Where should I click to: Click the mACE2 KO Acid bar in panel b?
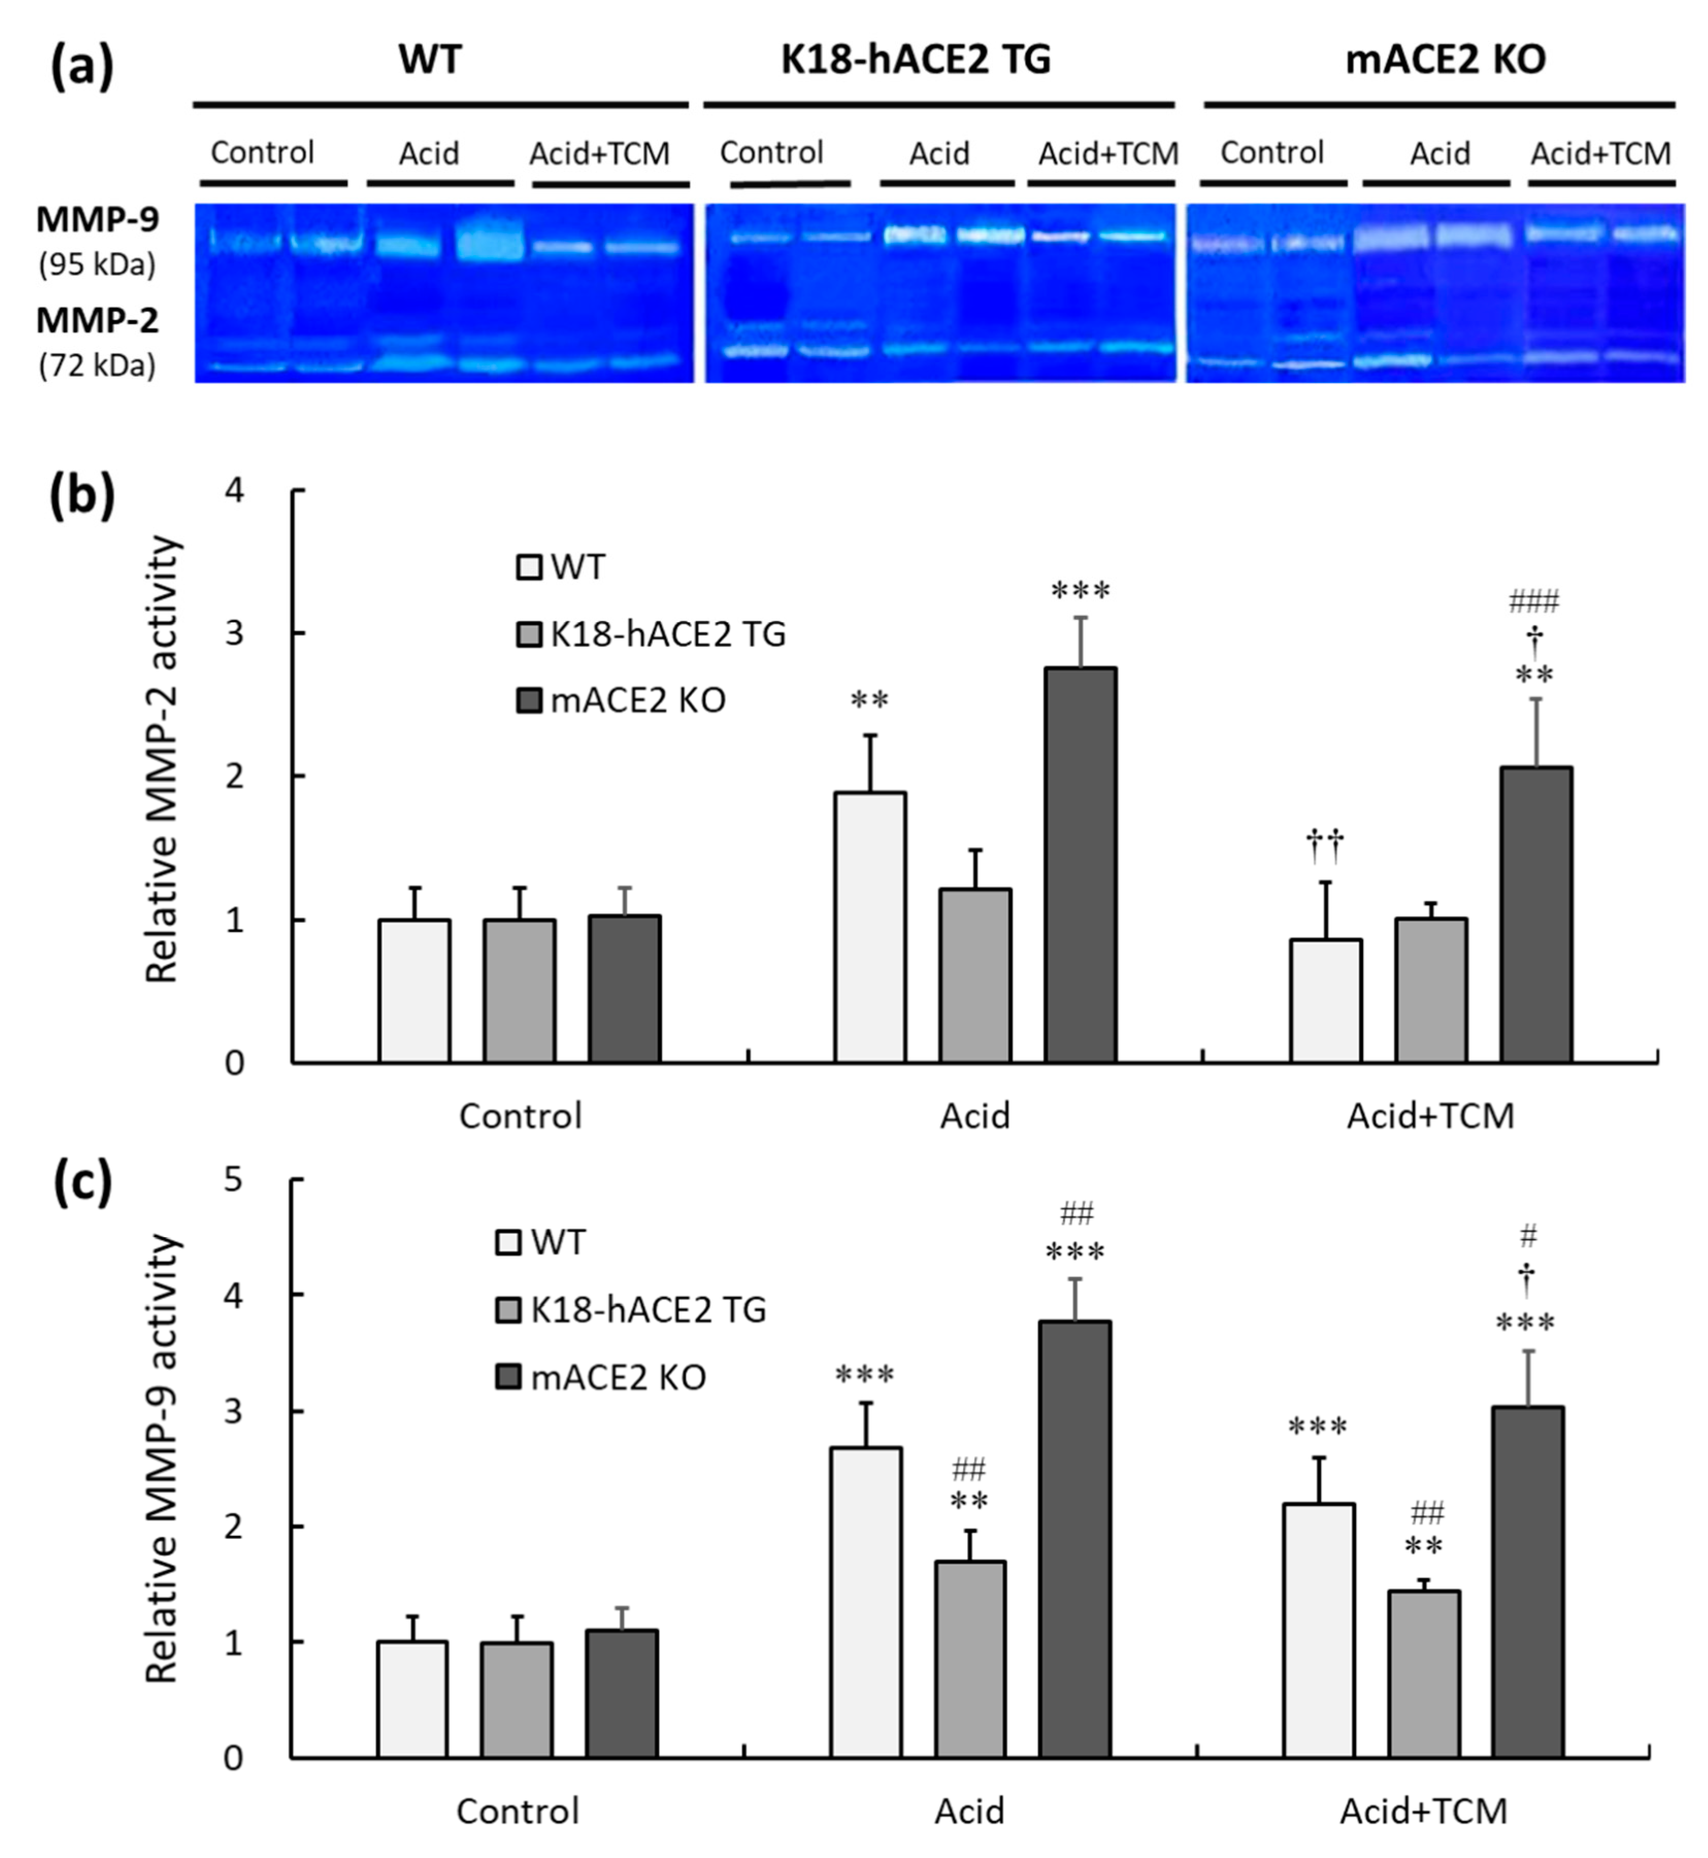pos(1081,866)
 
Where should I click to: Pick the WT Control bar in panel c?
pos(412,1699)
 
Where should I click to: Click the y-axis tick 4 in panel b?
pos(235,491)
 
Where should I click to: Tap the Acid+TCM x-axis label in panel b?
pos(1430,1116)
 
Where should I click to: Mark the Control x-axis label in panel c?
pos(518,1811)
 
